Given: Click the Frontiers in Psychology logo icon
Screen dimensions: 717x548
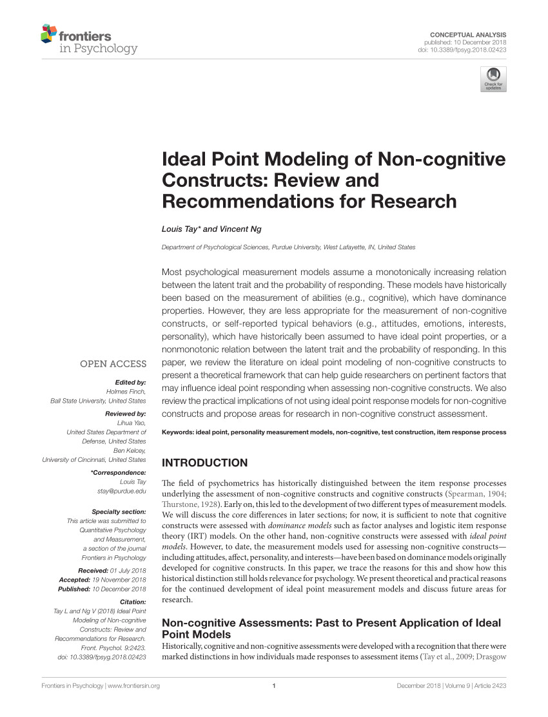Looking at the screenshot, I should (x=48, y=33).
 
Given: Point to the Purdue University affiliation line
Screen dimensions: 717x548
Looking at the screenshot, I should (x=288, y=247).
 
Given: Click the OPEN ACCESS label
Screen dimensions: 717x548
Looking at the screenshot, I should (x=113, y=364).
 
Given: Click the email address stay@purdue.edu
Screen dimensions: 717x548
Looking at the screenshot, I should (x=121, y=491).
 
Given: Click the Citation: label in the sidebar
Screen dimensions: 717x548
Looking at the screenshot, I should (x=133, y=601).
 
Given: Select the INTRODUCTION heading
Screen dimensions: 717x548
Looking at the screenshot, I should (x=204, y=463).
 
